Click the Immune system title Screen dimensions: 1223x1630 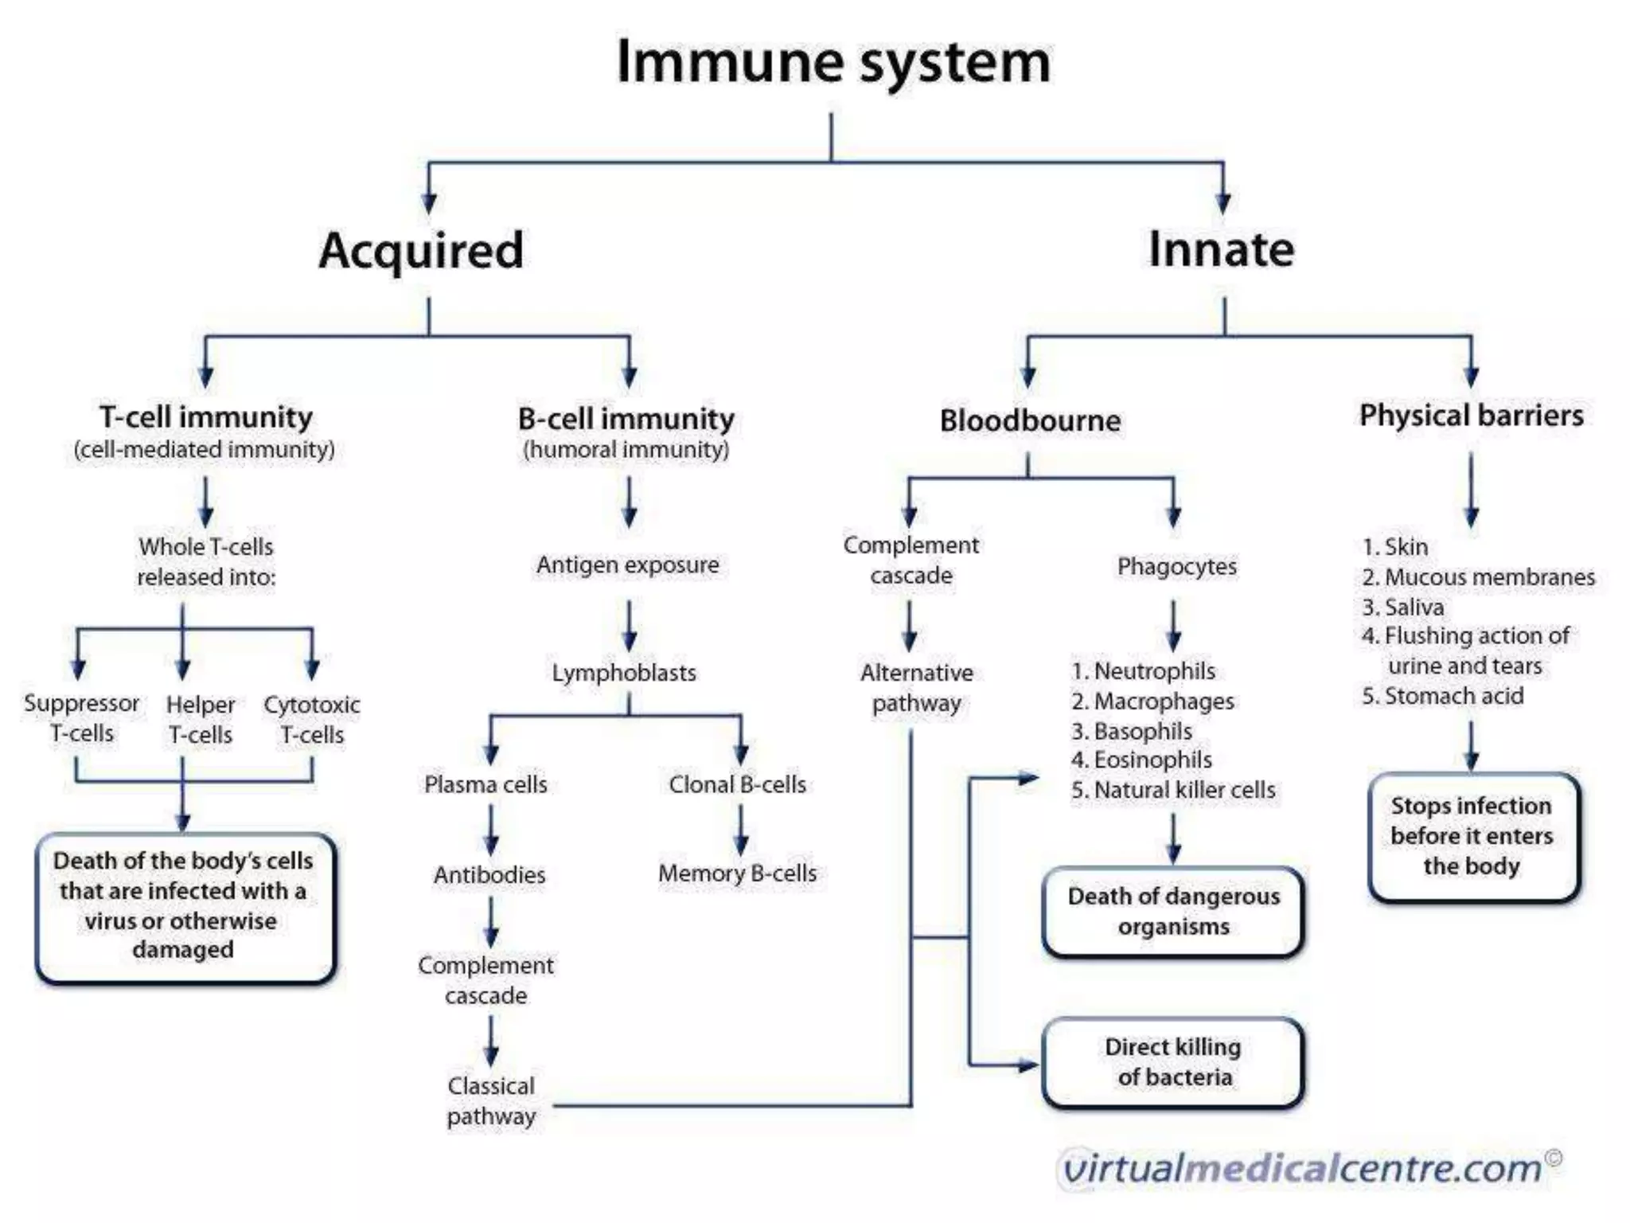tap(833, 62)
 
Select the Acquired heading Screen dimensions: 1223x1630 tap(421, 251)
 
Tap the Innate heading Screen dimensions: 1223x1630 tap(1221, 250)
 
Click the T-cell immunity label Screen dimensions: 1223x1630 tap(205, 417)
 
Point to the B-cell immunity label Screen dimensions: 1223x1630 tap(626, 419)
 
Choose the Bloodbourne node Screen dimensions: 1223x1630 tap(1030, 420)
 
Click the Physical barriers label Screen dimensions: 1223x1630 tap(1471, 416)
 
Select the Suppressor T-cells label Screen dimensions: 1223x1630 tap(81, 717)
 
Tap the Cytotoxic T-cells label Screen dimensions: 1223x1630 tap(311, 719)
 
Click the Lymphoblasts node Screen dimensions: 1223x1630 tap(624, 673)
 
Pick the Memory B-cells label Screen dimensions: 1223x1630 tap(737, 873)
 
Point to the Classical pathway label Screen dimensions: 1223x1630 tap(491, 1100)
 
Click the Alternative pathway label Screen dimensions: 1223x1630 tap(916, 688)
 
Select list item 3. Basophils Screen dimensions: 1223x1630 tap(1131, 731)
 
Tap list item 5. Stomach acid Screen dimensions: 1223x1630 tap(1442, 696)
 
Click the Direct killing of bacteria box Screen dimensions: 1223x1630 tap(1173, 1062)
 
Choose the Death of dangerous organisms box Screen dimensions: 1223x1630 tap(1173, 912)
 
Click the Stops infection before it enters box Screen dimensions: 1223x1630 tap(1472, 836)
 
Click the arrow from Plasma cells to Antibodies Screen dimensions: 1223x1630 tap(491, 830)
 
